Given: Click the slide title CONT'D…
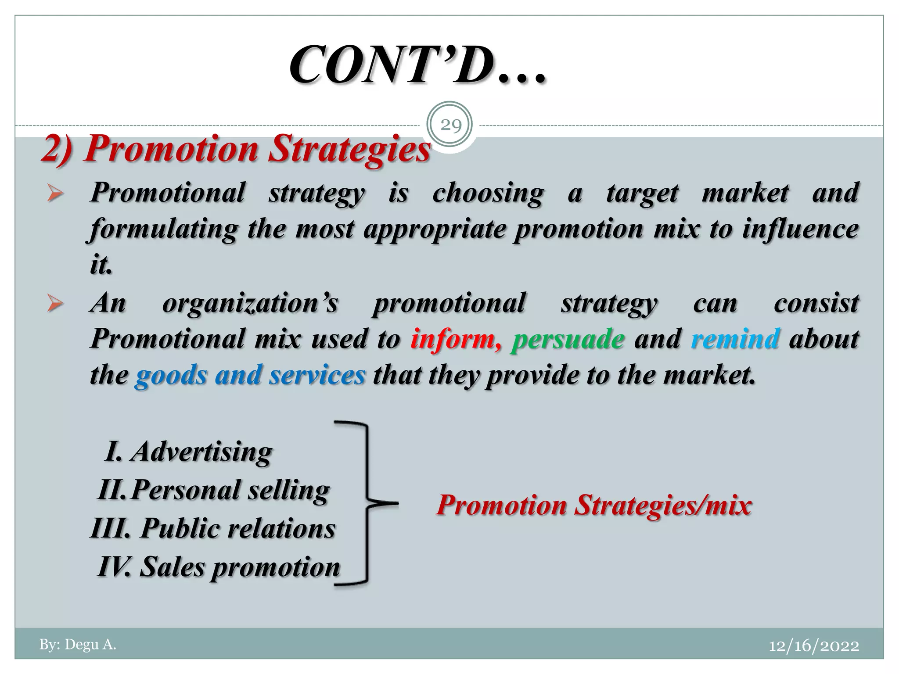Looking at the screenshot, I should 417,66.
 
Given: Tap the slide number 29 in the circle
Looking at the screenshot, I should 450,125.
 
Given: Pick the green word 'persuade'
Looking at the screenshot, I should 568,339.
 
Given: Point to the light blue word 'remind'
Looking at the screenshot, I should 736,339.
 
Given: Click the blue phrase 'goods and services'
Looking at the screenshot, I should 250,376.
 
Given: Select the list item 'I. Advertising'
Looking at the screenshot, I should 189,452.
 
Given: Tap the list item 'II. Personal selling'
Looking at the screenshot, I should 213,490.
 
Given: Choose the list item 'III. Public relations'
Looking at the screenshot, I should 213,528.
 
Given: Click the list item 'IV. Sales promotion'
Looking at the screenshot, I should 219,566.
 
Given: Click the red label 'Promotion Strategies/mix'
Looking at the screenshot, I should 594,505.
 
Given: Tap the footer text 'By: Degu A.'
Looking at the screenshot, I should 78,645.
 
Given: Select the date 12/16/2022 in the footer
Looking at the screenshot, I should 814,646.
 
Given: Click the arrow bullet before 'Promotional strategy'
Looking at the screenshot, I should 55,194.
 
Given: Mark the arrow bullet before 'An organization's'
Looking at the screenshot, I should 55,304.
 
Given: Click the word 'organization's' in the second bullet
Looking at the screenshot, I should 250,303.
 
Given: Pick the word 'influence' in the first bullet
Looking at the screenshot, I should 800,229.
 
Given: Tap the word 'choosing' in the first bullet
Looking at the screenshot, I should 488,194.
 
